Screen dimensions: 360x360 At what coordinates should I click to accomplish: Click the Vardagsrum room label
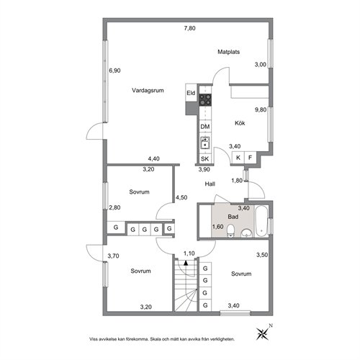[148, 91]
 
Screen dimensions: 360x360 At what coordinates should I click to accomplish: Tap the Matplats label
[228, 52]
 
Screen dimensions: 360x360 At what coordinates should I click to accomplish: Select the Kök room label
[240, 123]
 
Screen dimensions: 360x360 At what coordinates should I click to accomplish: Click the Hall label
[210, 184]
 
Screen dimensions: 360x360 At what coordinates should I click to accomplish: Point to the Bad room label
[233, 217]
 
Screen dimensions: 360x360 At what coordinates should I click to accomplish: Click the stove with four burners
[205, 100]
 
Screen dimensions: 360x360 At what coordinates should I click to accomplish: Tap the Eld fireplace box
[191, 93]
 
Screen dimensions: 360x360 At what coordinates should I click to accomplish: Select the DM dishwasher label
[205, 127]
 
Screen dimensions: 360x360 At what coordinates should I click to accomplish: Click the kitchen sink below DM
[205, 143]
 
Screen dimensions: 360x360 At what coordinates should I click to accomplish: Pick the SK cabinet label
[204, 158]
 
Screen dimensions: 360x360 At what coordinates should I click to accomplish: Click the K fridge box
[238, 158]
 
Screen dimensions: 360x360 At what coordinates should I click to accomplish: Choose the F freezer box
[251, 158]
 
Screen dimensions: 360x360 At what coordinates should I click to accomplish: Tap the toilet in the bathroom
[230, 230]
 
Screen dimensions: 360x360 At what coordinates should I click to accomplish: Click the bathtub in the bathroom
[261, 221]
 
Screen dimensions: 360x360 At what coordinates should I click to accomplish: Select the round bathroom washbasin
[246, 233]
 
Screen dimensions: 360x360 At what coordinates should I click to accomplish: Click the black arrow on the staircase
[186, 263]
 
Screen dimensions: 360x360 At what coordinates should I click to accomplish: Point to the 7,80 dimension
[189, 28]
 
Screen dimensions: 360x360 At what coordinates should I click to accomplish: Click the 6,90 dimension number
[114, 71]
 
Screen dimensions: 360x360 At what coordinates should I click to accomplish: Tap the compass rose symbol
[264, 333]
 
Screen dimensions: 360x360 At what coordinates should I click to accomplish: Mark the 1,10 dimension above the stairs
[189, 253]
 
